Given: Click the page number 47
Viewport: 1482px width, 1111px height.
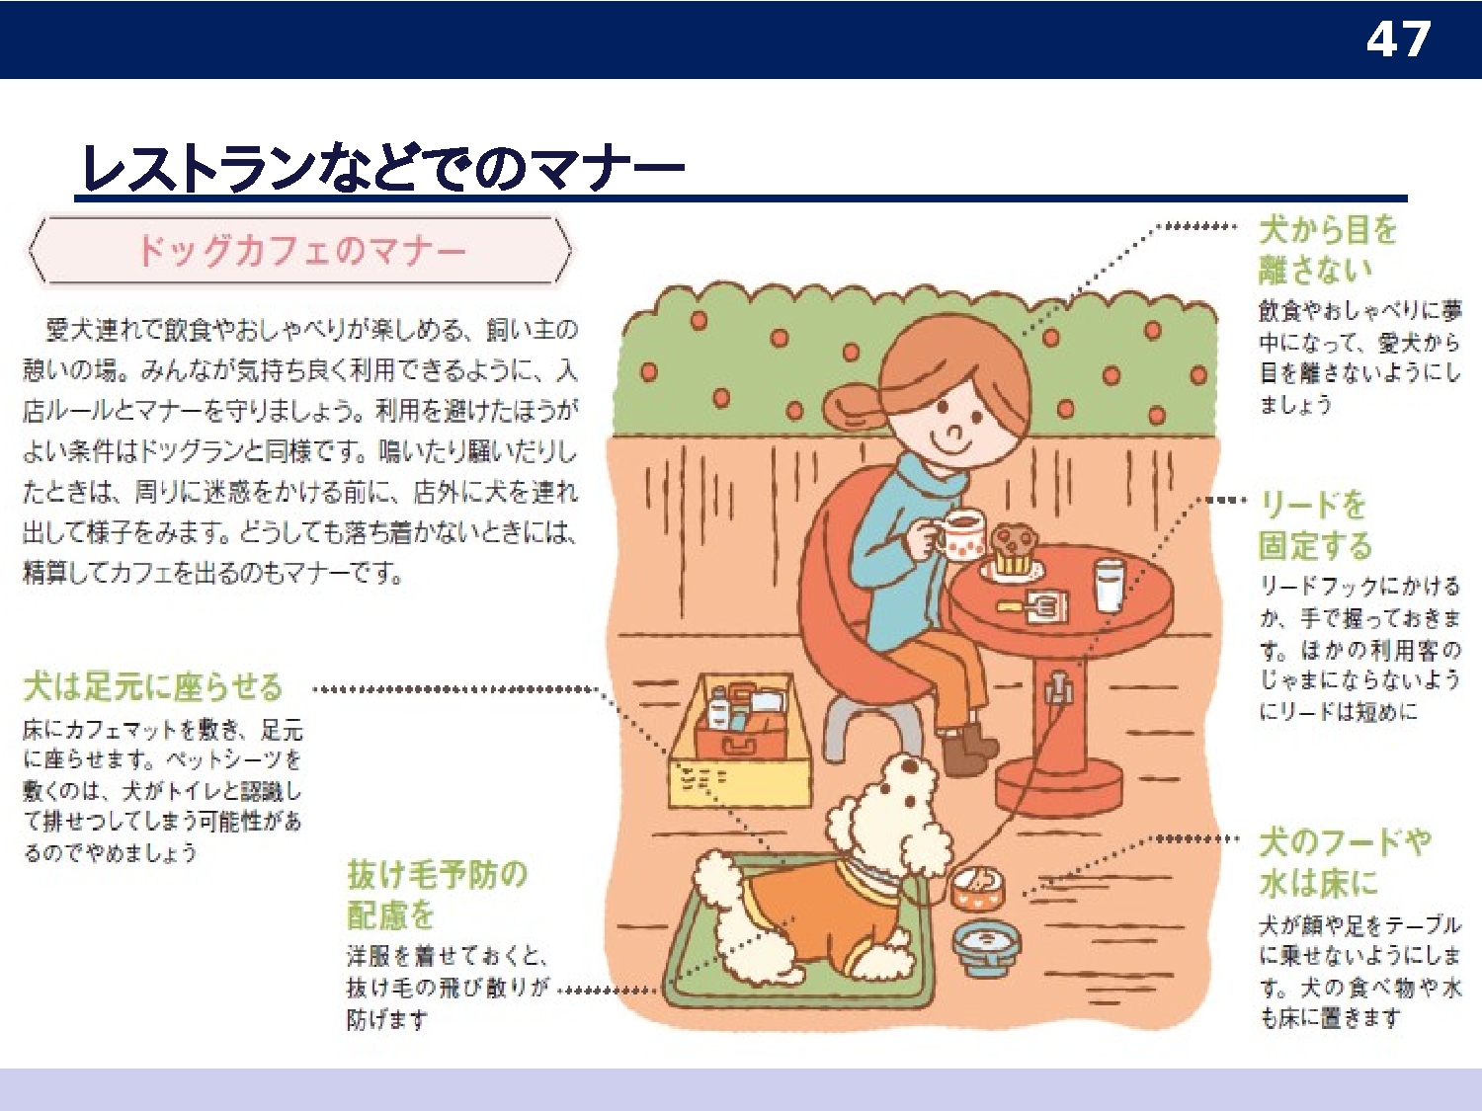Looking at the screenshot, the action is (1398, 40).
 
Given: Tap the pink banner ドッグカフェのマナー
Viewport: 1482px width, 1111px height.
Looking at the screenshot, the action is (301, 251).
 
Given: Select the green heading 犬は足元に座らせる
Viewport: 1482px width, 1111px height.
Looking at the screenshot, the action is (153, 686).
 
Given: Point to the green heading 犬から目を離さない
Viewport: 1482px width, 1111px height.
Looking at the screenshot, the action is (1328, 250).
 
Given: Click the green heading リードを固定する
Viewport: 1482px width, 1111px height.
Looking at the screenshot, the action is (1315, 525).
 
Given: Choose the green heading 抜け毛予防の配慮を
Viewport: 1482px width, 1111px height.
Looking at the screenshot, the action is (437, 895).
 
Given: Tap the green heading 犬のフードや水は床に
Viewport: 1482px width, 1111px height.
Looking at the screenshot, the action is (1345, 862).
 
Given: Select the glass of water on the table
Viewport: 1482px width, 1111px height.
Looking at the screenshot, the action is (1109, 585).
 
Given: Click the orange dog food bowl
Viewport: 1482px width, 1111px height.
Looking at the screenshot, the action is (977, 888).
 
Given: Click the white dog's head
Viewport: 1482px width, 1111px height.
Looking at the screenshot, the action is (890, 803).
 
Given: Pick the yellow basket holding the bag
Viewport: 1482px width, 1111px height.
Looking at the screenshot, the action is (740, 742).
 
